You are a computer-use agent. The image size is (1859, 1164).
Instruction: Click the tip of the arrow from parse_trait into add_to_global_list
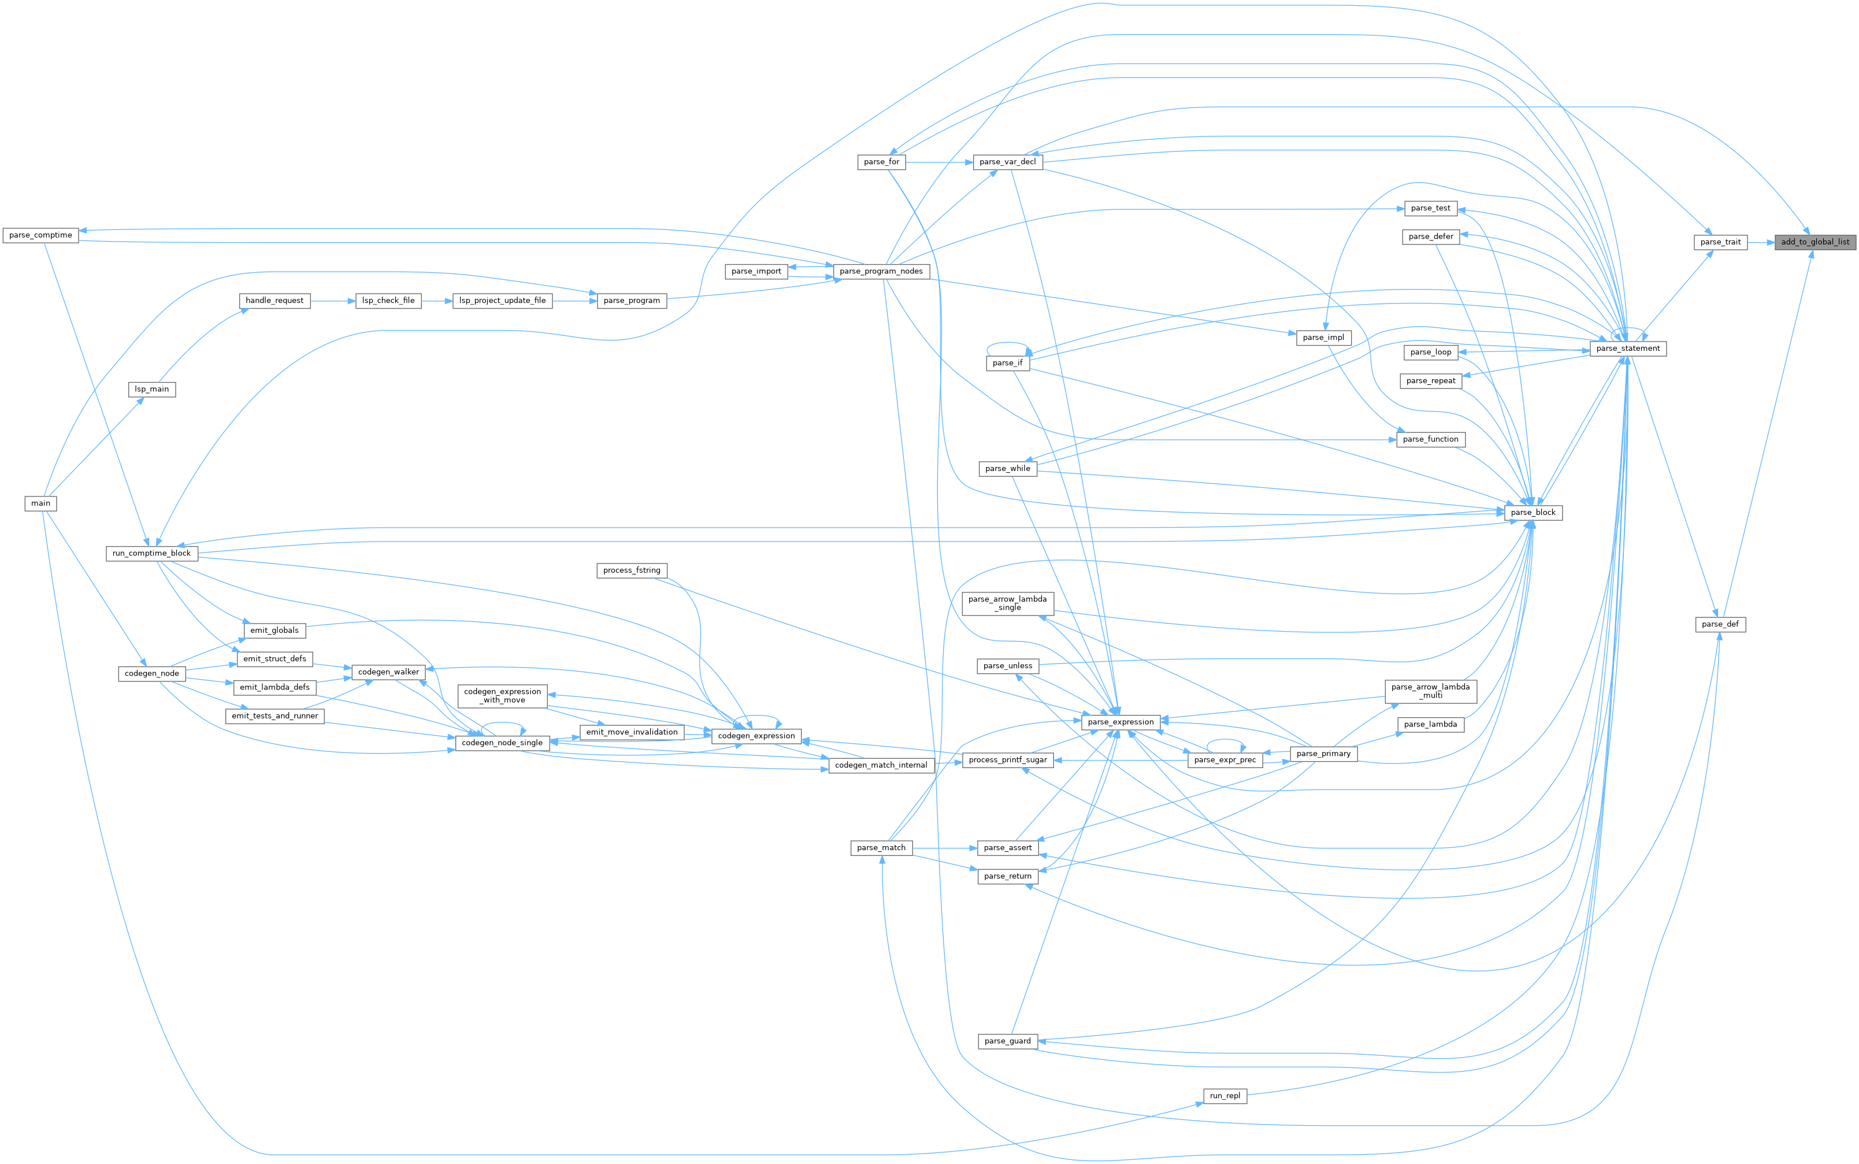[x=1774, y=242]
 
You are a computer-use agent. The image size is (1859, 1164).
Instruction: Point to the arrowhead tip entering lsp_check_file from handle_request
[x=355, y=300]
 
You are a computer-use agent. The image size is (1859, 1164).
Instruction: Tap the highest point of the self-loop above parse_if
[x=1008, y=343]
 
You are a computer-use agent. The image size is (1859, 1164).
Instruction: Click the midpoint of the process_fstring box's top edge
[x=631, y=563]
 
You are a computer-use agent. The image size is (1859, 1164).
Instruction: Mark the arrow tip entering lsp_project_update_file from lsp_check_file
[x=452, y=300]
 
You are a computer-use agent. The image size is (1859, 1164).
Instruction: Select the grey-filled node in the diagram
[x=1815, y=242]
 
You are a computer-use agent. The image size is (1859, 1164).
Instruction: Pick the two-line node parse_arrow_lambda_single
[x=1008, y=603]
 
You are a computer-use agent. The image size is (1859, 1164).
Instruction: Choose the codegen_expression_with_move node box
[x=503, y=696]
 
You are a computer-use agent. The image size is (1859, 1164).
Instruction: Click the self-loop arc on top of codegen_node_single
[x=503, y=723]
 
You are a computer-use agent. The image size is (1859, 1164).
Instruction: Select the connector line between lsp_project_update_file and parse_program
[x=575, y=300]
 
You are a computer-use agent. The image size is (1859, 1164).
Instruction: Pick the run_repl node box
[x=1225, y=1095]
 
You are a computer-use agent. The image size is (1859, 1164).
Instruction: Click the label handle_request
[x=275, y=300]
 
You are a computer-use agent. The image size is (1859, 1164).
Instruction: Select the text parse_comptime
[x=41, y=235]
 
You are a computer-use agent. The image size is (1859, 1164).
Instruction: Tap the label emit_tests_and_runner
[x=275, y=716]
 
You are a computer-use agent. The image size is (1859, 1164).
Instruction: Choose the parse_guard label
[x=1008, y=1041]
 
